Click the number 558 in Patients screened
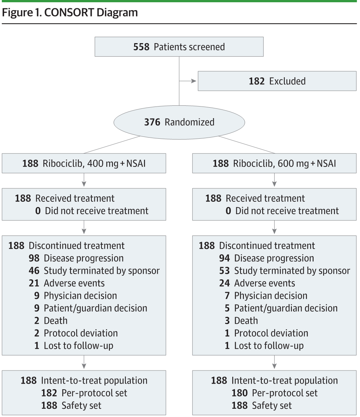click(141, 47)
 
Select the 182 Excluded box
click(277, 81)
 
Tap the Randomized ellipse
click(179, 122)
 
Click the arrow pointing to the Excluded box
click(188, 81)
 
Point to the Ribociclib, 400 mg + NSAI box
click(84, 163)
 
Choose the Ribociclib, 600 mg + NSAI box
click(275, 163)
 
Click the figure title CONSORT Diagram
click(91, 12)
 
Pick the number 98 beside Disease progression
click(34, 258)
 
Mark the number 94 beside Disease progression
click(224, 258)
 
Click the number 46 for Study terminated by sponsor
click(34, 271)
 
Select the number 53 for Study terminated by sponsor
click(224, 271)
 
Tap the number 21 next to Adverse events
click(34, 283)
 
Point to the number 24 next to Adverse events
click(224, 283)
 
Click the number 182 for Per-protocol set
click(49, 393)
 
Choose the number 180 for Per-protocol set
click(240, 393)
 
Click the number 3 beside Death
click(227, 321)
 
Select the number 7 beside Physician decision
click(227, 296)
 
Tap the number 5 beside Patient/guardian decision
click(227, 308)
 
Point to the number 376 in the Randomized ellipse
click(152, 122)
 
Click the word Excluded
click(287, 81)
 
